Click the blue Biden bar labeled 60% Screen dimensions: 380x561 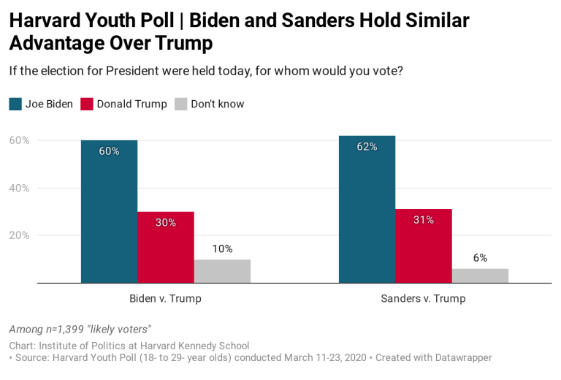tap(109, 212)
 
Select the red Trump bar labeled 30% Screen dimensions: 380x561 tap(165, 248)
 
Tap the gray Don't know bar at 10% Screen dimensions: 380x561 tap(222, 271)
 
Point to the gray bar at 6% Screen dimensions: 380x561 tap(480, 275)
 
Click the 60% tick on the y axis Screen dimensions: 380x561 tap(19, 140)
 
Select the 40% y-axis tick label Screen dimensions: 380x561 tap(19, 188)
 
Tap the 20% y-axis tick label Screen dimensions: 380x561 tap(19, 235)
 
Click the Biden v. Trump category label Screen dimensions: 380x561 tap(165, 299)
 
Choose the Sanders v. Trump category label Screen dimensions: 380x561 tap(423, 299)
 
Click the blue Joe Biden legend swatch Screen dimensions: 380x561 tap(15, 104)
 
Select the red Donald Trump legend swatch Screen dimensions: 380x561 tap(87, 104)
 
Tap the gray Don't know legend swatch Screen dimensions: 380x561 tap(181, 104)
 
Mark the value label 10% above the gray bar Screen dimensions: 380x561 tap(222, 249)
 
